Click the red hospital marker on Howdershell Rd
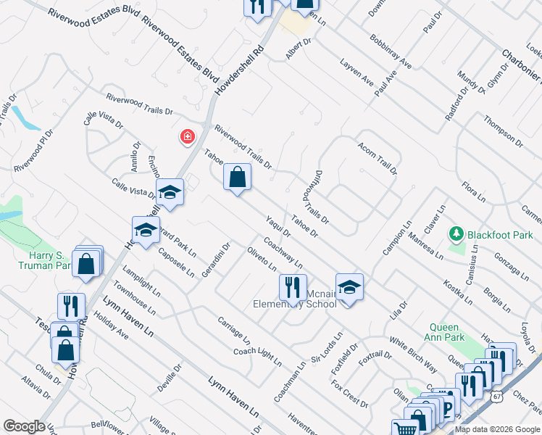click(187, 136)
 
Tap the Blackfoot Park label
click(500, 235)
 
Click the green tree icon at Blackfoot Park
click(456, 234)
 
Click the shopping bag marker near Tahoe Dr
click(237, 177)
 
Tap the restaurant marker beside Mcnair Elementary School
click(293, 287)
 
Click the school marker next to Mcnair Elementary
click(349, 287)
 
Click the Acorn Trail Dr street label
click(378, 159)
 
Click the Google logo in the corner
click(23, 426)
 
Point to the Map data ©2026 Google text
click(497, 429)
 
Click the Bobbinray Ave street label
click(390, 51)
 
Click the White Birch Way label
click(412, 355)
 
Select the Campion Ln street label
click(397, 239)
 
